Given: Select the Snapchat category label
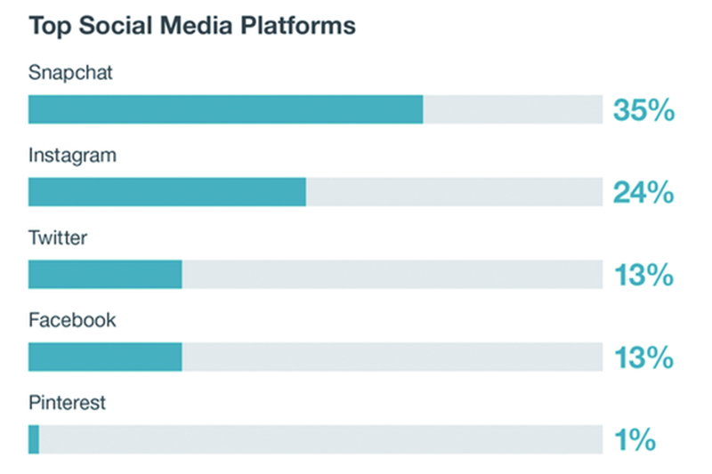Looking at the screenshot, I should [x=70, y=73].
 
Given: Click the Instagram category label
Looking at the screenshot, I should [x=72, y=155].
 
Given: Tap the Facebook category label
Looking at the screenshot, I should [x=71, y=320].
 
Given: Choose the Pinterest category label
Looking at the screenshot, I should [x=67, y=403].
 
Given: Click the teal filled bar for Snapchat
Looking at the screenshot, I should [x=225, y=109].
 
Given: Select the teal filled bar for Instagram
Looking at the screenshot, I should [x=167, y=192].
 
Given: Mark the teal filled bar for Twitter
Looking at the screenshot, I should [x=105, y=275].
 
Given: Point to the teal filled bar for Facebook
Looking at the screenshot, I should [x=105, y=357].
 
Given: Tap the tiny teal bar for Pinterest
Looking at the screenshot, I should [x=34, y=439].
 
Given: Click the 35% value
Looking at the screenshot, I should [x=643, y=110].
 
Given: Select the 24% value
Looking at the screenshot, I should [x=643, y=193].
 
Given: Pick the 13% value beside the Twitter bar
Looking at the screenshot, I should [x=643, y=276].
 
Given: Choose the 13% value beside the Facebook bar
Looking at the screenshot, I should [x=643, y=358].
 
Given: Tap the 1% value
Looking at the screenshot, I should [x=634, y=440].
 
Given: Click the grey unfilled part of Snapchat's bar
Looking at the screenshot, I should [x=513, y=109].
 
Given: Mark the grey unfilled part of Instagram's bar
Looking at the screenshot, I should [x=454, y=192].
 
